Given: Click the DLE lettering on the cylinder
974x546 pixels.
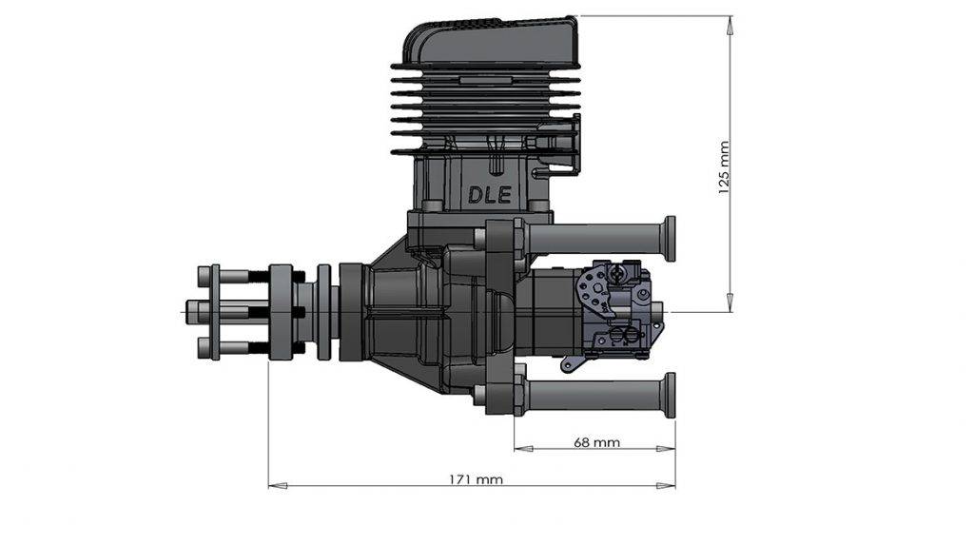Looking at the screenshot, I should point(489,194).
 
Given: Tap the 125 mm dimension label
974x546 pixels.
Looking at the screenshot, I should point(724,168).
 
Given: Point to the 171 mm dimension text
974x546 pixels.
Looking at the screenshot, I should point(475,478).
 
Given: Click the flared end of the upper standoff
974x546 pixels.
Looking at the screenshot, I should point(670,238).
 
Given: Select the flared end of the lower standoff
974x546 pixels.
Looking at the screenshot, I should point(670,395).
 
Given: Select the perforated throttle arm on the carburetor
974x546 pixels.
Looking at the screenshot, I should point(592,290).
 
